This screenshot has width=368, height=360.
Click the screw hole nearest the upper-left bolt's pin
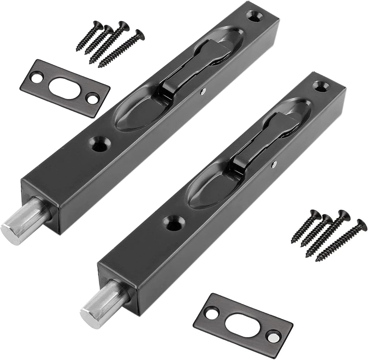98,144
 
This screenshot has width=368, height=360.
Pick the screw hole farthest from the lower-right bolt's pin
321,86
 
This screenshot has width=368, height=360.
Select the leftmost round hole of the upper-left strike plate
37,78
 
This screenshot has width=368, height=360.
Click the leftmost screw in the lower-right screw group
306,226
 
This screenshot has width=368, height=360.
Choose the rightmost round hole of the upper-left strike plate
92,98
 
